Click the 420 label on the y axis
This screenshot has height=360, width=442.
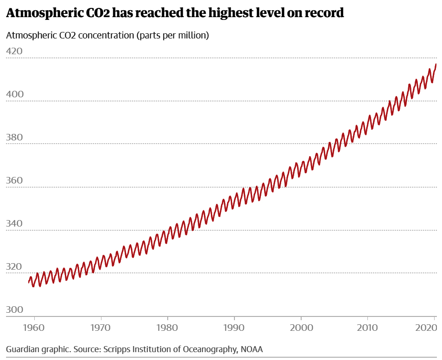click(x=14, y=51)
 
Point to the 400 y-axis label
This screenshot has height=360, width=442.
click(x=14, y=94)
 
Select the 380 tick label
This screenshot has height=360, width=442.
click(x=14, y=137)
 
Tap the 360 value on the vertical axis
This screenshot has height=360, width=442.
click(x=14, y=180)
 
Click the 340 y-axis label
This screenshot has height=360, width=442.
click(x=14, y=223)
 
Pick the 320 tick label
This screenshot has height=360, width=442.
click(x=14, y=266)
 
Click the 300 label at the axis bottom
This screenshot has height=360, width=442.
click(x=14, y=309)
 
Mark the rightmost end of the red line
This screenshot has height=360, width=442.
click(x=436, y=64)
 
